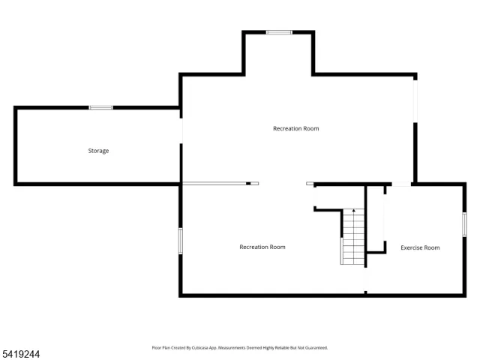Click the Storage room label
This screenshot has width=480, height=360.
coord(98,151)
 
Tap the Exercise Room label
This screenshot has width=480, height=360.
coord(420,247)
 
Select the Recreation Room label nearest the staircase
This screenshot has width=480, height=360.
coord(262,247)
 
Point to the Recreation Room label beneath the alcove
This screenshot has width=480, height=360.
coord(296,128)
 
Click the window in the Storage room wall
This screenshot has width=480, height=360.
coord(100,107)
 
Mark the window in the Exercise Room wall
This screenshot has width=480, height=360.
coord(464,224)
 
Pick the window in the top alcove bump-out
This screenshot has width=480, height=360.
coord(279,32)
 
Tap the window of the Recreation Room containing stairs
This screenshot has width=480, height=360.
coord(181,241)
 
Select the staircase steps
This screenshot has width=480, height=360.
coord(353,237)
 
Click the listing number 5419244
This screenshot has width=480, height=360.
coord(20,354)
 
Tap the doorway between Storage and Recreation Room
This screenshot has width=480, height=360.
coord(181,130)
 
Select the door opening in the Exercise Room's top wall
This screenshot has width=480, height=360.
coord(401,184)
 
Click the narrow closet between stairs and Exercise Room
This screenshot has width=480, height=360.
coord(375,218)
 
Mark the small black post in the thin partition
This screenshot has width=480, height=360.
coord(248,184)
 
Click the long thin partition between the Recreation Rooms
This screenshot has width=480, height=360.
coord(220,184)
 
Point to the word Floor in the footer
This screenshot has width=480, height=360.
coord(156,348)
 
